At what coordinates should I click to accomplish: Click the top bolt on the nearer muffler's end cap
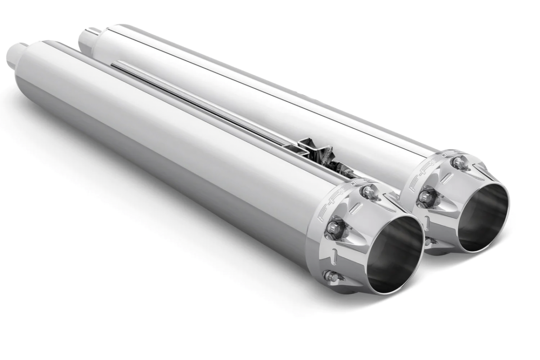(x=368, y=192)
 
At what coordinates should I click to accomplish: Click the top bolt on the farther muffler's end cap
(x=459, y=163)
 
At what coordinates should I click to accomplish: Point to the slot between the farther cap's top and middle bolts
(x=445, y=178)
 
